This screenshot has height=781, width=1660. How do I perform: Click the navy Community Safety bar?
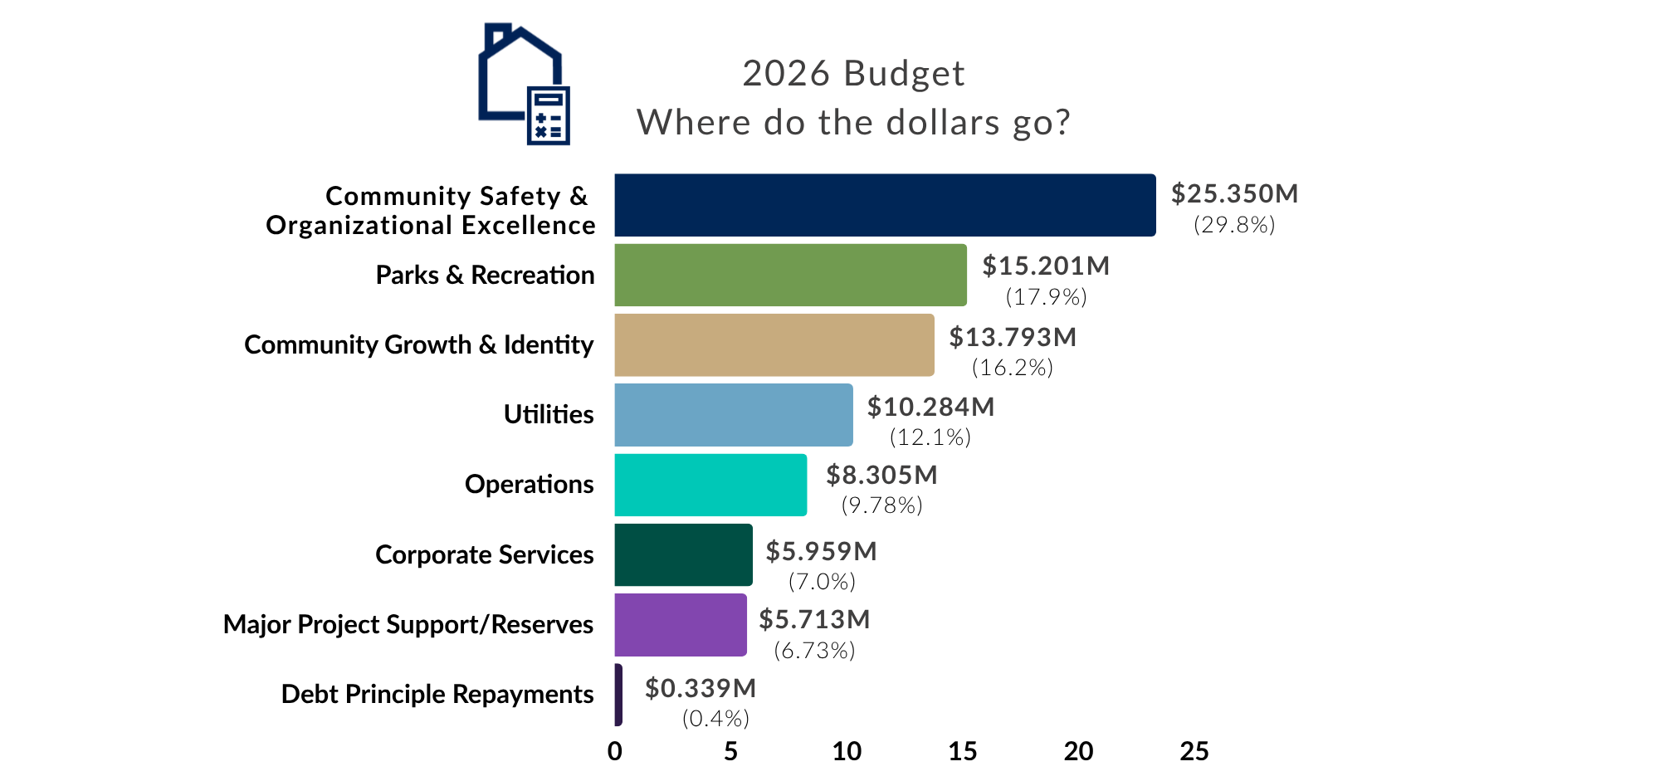884,205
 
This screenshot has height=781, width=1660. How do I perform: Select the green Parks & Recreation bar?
790,275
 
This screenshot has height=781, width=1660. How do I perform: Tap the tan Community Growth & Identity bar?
774,344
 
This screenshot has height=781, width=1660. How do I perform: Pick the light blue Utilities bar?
733,414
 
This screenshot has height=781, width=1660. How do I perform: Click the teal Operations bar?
710,485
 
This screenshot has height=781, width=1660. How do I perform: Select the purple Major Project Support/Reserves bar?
681,624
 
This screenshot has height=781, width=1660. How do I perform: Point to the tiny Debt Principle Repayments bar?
618,695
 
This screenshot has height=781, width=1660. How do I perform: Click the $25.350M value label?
1234,193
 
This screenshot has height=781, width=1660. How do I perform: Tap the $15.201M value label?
1046,266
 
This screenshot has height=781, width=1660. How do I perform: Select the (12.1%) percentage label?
930,437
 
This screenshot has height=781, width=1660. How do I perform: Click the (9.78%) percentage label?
881,505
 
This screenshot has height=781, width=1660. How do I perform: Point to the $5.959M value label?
821,551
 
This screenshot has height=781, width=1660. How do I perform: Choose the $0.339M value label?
701,688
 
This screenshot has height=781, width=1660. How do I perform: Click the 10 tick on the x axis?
847,751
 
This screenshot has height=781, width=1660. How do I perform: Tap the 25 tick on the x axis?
1194,751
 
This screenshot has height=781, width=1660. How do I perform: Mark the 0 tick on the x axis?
615,751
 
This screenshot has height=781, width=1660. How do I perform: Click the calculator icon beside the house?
549,115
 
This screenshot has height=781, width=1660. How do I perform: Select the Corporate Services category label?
485,554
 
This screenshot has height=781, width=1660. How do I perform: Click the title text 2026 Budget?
853,74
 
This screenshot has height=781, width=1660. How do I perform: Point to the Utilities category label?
549,414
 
